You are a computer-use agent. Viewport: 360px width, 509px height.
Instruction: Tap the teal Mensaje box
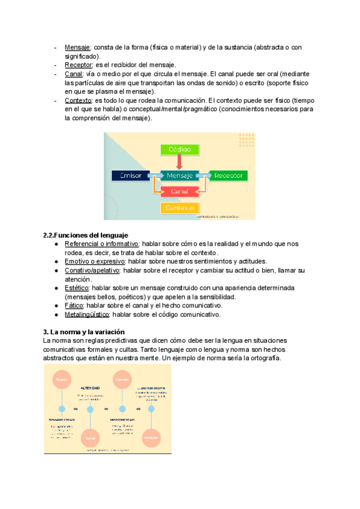click(x=179, y=175)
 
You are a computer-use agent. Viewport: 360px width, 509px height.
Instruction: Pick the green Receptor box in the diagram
click(x=229, y=175)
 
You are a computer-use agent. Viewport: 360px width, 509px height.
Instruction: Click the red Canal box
click(x=179, y=191)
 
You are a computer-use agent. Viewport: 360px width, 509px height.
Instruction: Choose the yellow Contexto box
click(x=179, y=208)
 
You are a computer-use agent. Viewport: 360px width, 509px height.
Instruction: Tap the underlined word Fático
click(x=74, y=306)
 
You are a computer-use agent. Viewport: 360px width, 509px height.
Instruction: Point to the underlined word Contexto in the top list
click(x=79, y=100)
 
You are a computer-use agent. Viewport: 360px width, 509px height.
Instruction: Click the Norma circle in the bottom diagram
click(x=61, y=380)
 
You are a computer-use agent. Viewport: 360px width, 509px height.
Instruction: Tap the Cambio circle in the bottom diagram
click(x=122, y=380)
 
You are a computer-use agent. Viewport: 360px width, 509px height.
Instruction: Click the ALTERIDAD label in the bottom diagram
click(x=91, y=388)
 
